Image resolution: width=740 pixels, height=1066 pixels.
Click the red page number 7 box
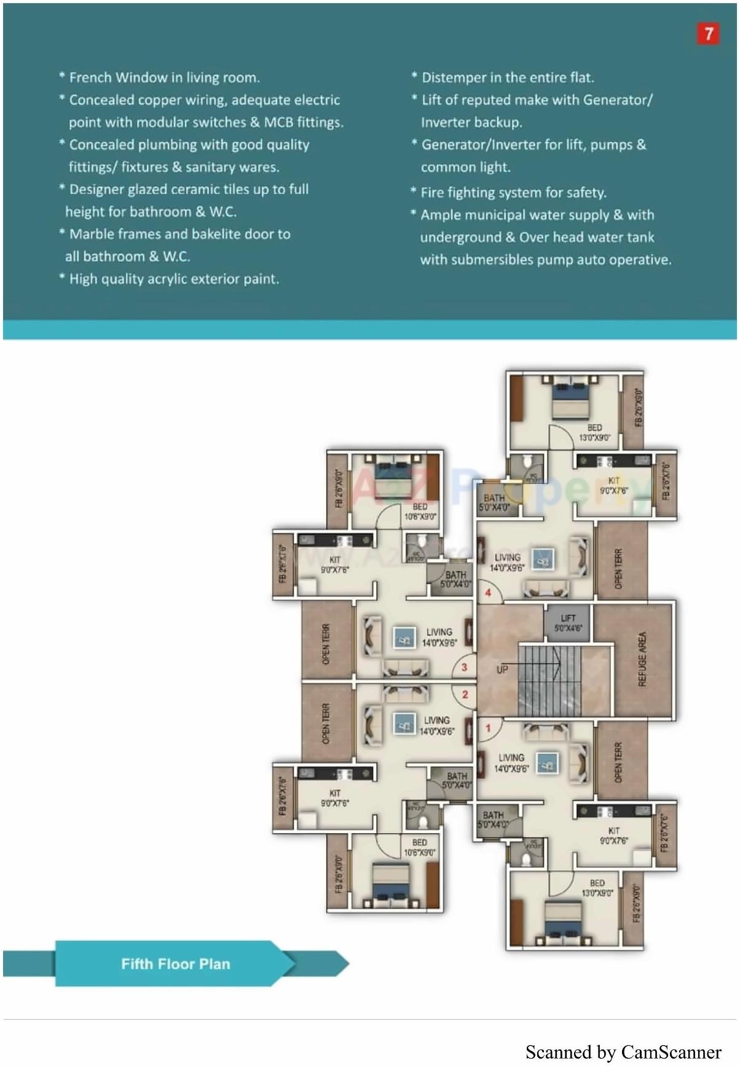[708, 34]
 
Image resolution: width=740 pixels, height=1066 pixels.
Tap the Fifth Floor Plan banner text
[175, 963]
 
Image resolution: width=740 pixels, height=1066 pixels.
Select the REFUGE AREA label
[642, 659]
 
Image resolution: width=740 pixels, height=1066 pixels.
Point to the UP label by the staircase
[502, 669]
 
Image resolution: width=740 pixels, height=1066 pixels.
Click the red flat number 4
[488, 593]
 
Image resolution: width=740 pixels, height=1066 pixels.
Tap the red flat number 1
[489, 728]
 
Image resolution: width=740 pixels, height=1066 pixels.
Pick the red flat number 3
[464, 666]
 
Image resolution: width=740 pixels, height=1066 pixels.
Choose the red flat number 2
[465, 694]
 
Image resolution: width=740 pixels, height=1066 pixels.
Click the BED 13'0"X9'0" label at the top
[594, 432]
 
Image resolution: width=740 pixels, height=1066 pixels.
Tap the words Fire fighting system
[471, 192]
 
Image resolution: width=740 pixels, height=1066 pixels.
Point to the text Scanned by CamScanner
[623, 1052]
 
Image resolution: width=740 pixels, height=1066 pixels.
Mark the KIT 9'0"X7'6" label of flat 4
[613, 486]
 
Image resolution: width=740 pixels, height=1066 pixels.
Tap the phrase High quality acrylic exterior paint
[174, 278]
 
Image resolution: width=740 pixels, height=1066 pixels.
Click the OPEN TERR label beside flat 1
[618, 762]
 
